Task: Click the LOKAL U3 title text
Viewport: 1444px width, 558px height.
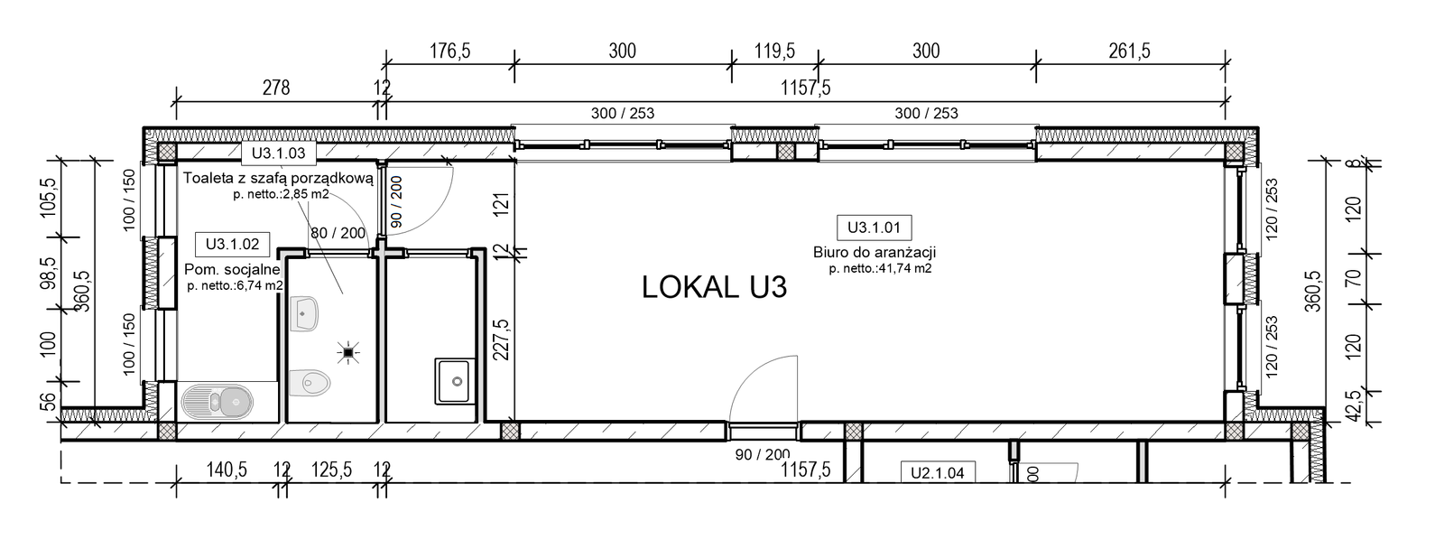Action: [x=714, y=287]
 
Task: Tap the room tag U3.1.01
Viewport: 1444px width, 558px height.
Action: [x=874, y=228]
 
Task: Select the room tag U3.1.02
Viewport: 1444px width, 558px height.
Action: [x=232, y=245]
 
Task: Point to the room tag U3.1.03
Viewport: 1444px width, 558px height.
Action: [x=279, y=153]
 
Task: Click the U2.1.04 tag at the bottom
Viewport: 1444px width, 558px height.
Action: [x=938, y=473]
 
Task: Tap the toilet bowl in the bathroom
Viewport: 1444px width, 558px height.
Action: [x=310, y=383]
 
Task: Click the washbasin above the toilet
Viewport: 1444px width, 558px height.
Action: [x=304, y=313]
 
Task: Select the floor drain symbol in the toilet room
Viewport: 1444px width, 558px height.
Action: [x=348, y=353]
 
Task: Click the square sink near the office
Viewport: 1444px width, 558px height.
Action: [x=455, y=382]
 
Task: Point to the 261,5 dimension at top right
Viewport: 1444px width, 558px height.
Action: [x=1129, y=51]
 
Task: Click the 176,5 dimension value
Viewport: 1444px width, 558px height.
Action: [x=450, y=51]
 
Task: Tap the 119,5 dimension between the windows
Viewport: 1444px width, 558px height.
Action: [x=774, y=51]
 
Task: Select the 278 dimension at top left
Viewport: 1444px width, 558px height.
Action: [x=276, y=87]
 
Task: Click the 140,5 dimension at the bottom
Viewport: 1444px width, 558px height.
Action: [x=227, y=470]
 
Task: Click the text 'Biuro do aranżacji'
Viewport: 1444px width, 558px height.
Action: [x=875, y=253]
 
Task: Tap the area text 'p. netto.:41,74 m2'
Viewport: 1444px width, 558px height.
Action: [x=880, y=269]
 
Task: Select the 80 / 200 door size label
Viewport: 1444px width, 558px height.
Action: [x=338, y=233]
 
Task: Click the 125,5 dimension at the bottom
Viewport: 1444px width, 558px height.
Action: [x=331, y=470]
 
